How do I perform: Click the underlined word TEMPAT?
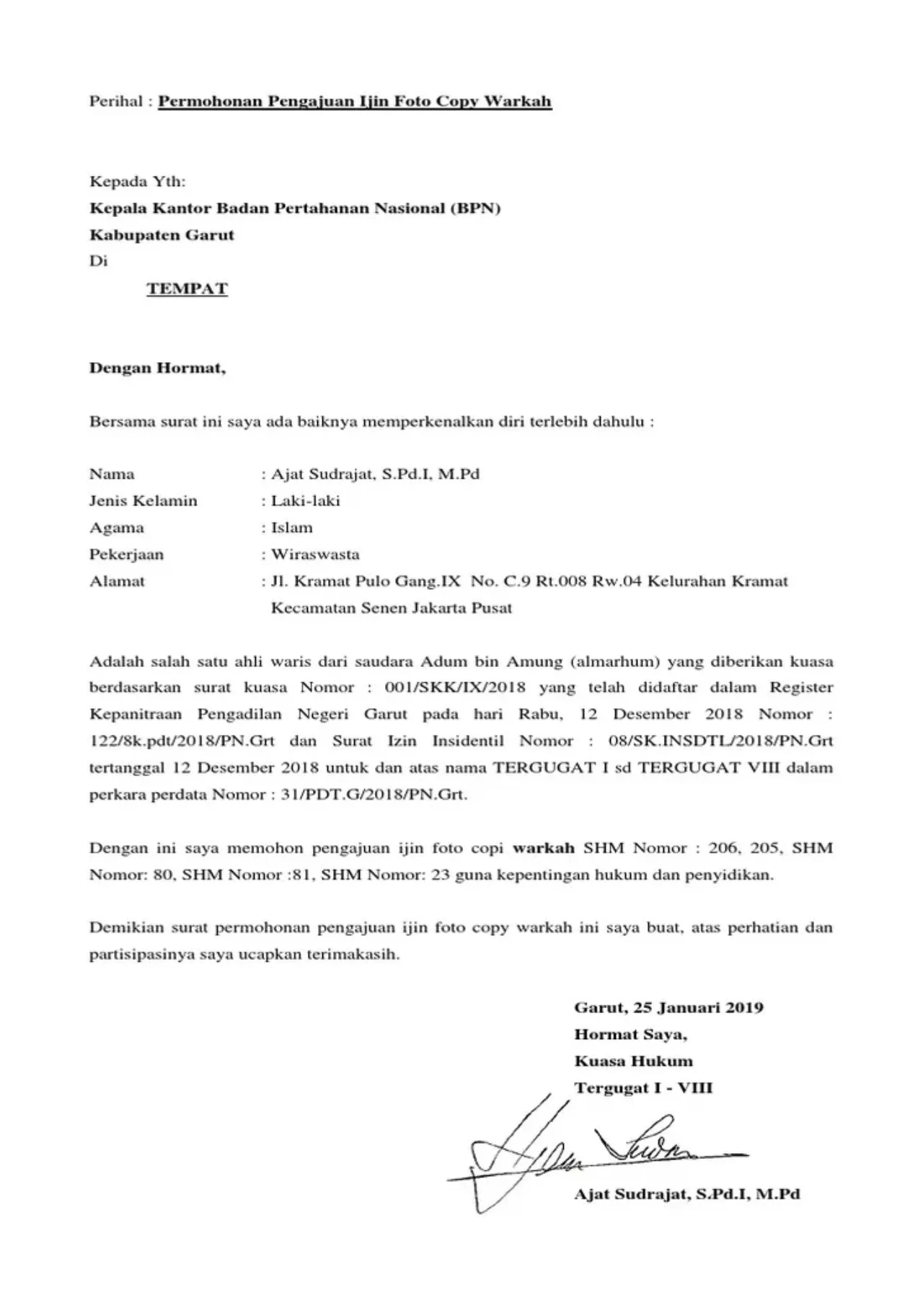[x=187, y=289]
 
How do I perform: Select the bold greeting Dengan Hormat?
[x=157, y=368]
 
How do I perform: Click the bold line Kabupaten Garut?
[x=162, y=235]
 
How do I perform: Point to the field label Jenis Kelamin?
[x=143, y=501]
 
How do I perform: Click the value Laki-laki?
[x=305, y=501]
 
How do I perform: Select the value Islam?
[x=292, y=528]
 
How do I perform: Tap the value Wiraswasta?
[x=315, y=555]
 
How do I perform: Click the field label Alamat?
[x=117, y=581]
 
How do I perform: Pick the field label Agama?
[x=116, y=528]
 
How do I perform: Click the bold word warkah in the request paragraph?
[x=543, y=848]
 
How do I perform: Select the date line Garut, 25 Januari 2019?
[x=668, y=1007]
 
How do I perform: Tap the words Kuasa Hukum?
[x=633, y=1061]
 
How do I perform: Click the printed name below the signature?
[x=686, y=1194]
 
